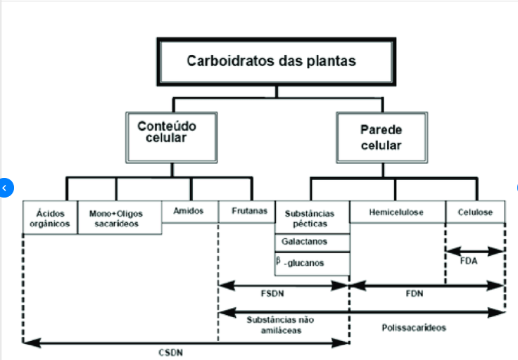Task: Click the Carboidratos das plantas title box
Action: [x=271, y=61]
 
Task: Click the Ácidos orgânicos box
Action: [x=50, y=218]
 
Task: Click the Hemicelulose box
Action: [x=397, y=212]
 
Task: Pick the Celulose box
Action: [x=475, y=212]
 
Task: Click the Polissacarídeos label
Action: [x=414, y=328]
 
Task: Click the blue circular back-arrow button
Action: [x=4, y=188]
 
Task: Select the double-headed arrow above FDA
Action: [x=475, y=251]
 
